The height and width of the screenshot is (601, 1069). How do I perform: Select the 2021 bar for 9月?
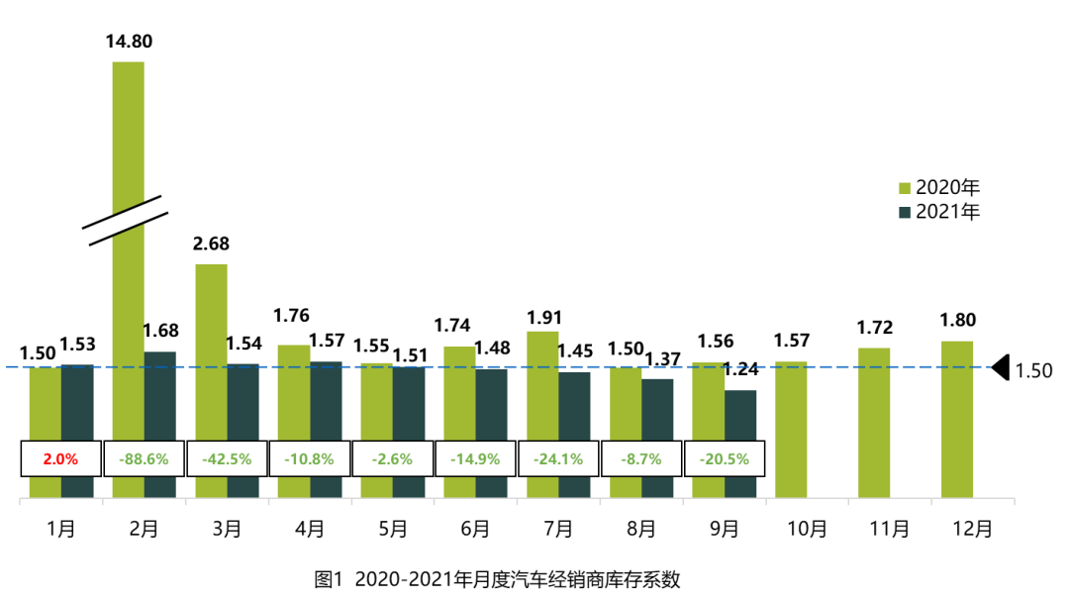pyautogui.click(x=740, y=416)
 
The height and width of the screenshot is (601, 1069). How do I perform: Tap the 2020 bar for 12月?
pyautogui.click(x=957, y=416)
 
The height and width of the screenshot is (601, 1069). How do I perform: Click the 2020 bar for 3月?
pyautogui.click(x=211, y=347)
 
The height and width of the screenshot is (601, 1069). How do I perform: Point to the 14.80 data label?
pyautogui.click(x=129, y=42)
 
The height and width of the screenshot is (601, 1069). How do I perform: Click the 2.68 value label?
pyautogui.click(x=211, y=245)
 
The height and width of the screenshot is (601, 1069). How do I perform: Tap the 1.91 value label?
pyautogui.click(x=545, y=318)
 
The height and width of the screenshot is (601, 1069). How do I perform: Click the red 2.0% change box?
pyautogui.click(x=61, y=459)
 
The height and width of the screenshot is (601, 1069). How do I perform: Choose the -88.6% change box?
pyautogui.click(x=144, y=459)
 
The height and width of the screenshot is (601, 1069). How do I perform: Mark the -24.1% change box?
pyautogui.click(x=558, y=459)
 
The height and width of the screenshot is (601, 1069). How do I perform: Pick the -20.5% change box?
pyautogui.click(x=724, y=459)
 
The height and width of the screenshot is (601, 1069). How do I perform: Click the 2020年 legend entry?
pyautogui.click(x=938, y=187)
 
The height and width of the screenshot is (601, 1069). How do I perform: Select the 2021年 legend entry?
pyautogui.click(x=938, y=212)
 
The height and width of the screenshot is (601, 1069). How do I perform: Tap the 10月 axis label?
pyautogui.click(x=807, y=529)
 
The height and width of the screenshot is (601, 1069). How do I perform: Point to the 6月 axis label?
pyautogui.click(x=475, y=529)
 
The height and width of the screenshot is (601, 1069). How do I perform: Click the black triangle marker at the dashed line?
pyautogui.click(x=1001, y=367)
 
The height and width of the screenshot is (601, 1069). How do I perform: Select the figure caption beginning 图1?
pyautogui.click(x=497, y=579)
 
